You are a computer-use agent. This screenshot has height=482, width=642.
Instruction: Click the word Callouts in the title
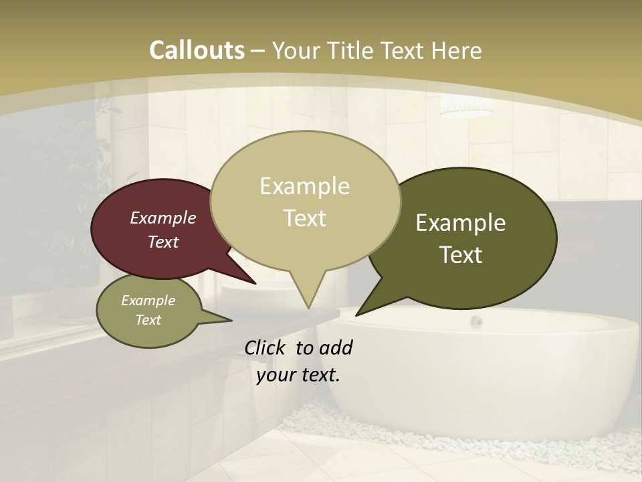pos(197,50)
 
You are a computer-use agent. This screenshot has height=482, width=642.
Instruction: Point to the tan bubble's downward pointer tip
pos(308,309)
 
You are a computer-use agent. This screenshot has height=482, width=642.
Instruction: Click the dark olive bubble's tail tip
pos(356,315)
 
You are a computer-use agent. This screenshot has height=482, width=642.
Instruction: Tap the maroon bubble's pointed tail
pos(255,283)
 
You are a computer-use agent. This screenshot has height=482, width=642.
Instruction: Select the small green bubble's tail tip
pos(232,320)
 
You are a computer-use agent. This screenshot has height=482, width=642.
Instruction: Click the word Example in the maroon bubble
pos(163,218)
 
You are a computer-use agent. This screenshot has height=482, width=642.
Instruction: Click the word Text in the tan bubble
pos(305,218)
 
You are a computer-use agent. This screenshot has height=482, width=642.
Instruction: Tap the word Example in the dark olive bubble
pos(461,223)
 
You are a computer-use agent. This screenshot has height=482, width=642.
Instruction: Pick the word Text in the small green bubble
pos(148,320)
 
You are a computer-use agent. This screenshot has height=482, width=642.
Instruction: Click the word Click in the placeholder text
pos(266,347)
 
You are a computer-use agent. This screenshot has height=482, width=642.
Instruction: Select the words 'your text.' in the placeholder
pos(298,375)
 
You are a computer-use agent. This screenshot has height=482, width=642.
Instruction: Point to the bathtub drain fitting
pos(476,321)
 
